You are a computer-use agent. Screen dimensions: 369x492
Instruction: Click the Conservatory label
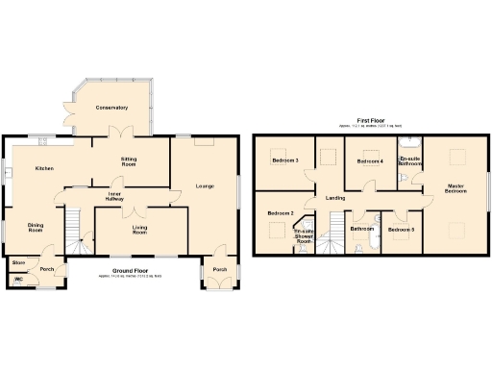(x=111, y=108)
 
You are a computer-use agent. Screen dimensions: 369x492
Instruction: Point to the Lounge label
(x=204, y=185)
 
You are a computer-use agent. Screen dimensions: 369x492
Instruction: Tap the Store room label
(x=17, y=261)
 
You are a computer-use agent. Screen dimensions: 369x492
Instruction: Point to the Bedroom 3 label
(x=284, y=160)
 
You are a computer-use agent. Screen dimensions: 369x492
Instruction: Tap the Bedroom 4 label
(x=370, y=161)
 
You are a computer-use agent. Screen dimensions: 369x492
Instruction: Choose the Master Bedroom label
(x=455, y=188)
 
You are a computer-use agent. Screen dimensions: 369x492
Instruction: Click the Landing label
(x=335, y=198)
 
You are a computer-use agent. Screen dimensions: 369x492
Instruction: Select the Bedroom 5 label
(x=402, y=230)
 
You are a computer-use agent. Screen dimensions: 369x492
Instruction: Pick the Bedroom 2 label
(x=280, y=212)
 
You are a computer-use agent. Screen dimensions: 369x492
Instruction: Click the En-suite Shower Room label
(x=304, y=236)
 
